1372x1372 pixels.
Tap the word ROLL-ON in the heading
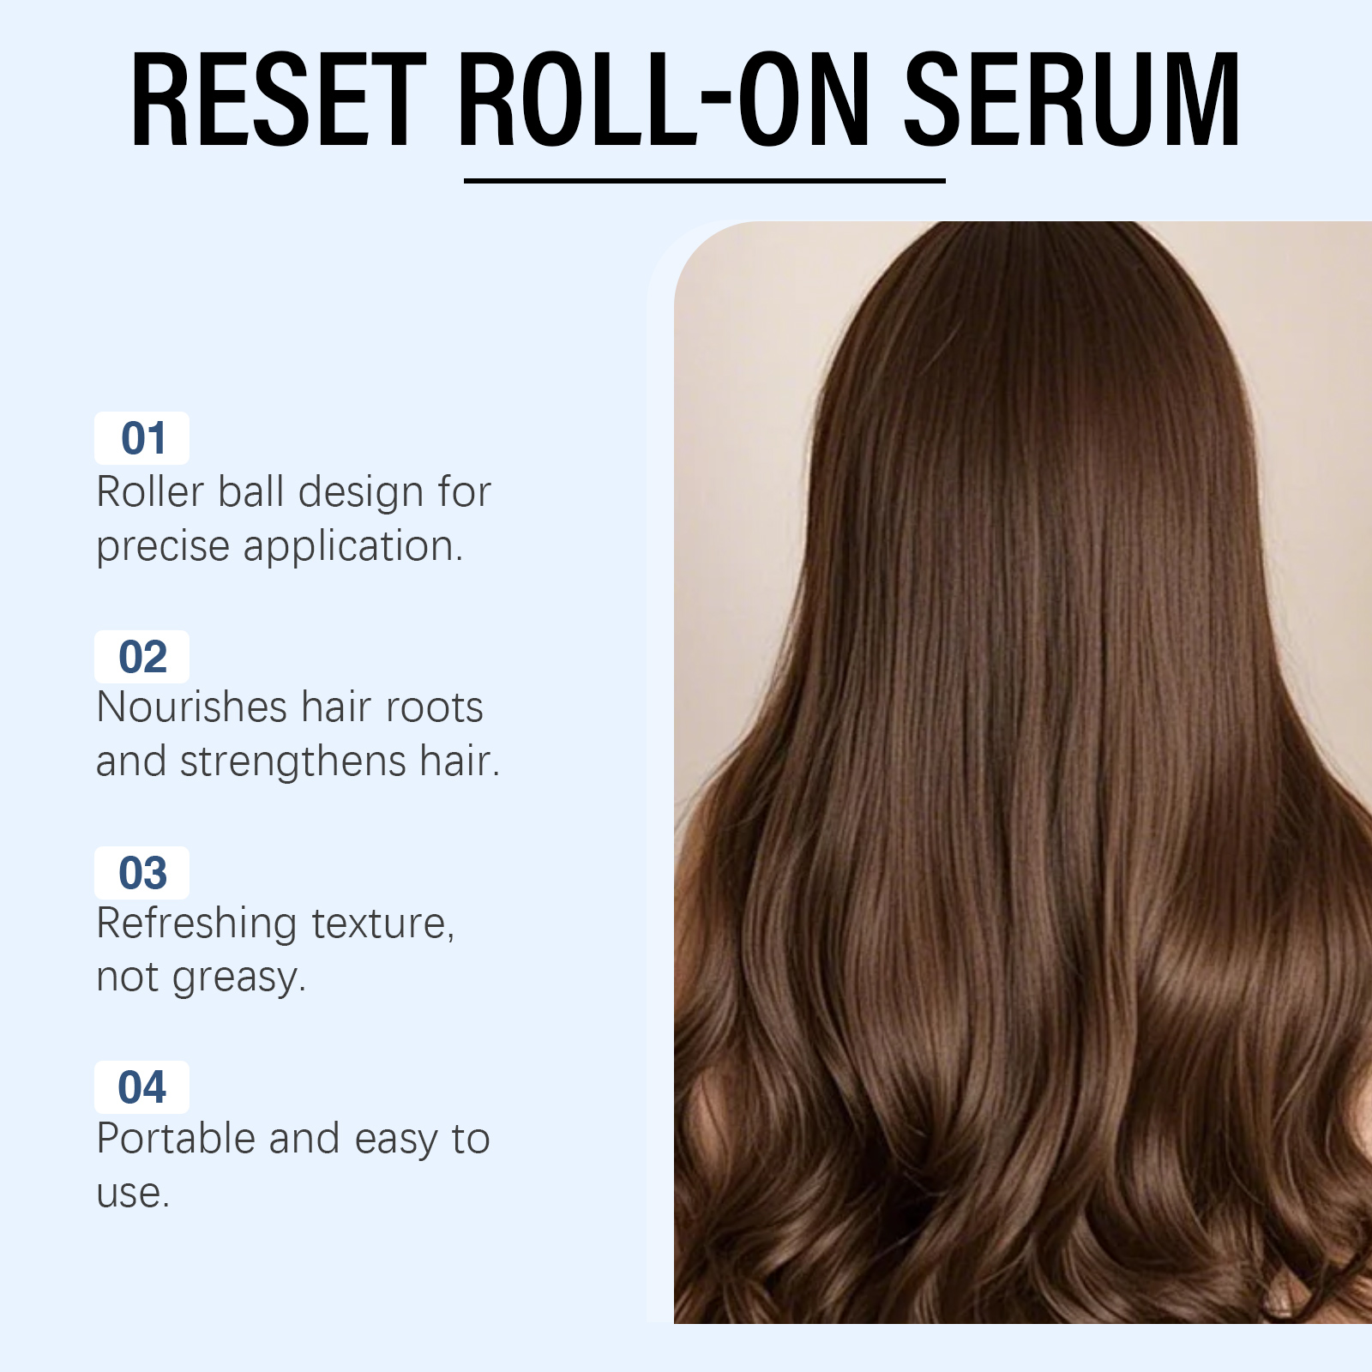pos(665,99)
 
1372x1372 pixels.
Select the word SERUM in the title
pos(1072,99)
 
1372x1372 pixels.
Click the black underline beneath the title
pos(704,181)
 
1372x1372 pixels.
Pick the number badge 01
pos(142,438)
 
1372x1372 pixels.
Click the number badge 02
pos(142,657)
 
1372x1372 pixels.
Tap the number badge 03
pos(142,873)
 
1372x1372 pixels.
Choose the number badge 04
pos(142,1087)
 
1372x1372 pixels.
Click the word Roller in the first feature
pos(150,492)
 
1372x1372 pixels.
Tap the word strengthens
pos(292,762)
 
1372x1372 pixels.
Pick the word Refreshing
pos(196,925)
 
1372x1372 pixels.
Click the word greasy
pos(238,979)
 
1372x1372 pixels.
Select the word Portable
pos(176,1139)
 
